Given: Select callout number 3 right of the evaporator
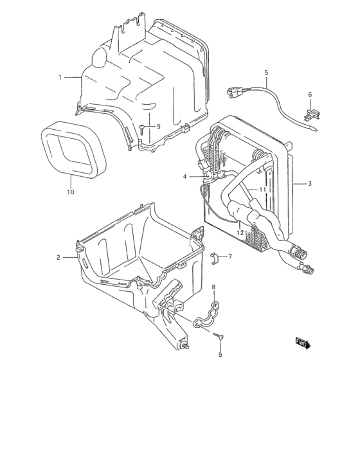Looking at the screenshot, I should (x=309, y=184).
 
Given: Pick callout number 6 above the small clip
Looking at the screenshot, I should (x=309, y=94).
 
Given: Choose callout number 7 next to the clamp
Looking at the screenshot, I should (x=230, y=256).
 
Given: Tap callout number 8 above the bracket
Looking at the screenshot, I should (x=214, y=287).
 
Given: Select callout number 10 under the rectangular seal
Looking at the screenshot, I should (x=71, y=192).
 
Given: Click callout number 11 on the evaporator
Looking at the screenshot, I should (x=262, y=190).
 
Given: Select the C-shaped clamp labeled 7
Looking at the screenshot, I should (x=216, y=258).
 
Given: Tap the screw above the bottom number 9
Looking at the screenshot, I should (x=221, y=336).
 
